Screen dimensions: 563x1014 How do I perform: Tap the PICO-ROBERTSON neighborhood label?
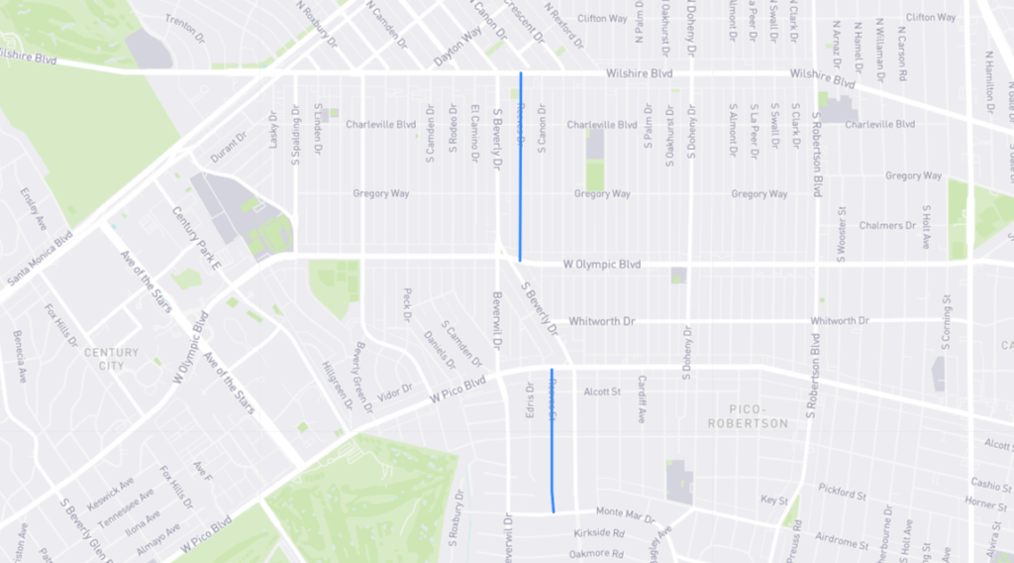[758, 416]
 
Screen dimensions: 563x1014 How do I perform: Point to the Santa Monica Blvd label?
[40, 260]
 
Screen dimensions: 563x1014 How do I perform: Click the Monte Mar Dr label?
[623, 511]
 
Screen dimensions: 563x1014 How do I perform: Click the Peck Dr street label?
[406, 304]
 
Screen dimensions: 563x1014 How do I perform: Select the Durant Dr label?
[229, 146]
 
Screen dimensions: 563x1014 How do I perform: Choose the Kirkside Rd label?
[597, 532]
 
